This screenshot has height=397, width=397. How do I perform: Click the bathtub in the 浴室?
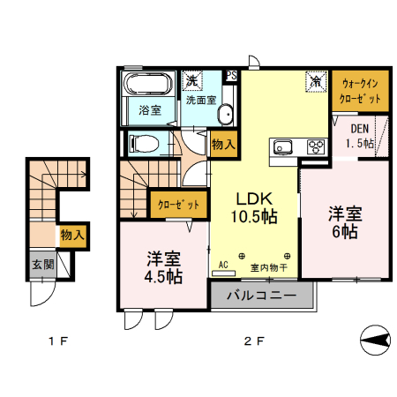[x=149, y=87]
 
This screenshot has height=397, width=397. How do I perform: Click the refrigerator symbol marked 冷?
[x=315, y=80]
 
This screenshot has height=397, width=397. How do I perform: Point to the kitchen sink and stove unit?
[x=298, y=147]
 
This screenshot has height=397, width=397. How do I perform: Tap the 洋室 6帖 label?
[x=344, y=221]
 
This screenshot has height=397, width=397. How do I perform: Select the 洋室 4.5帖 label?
[x=164, y=266]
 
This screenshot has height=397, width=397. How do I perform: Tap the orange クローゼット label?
[x=178, y=205]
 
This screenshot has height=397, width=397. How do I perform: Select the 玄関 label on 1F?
[x=42, y=265]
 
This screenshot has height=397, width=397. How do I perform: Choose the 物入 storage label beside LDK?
[x=223, y=144]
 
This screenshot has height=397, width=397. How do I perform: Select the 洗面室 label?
[x=200, y=100]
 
